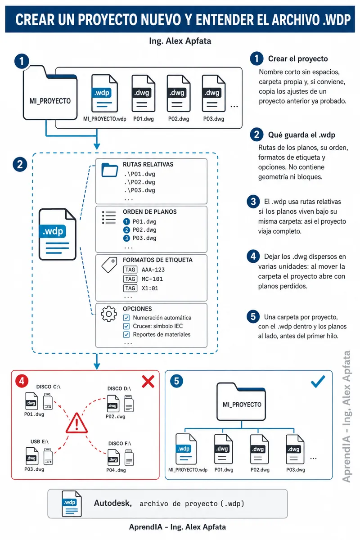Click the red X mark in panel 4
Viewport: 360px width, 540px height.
(148, 381)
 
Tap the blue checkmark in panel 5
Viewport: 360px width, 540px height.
(318, 382)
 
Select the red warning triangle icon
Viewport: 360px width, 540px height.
(76, 423)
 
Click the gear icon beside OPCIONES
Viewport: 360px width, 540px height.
(109, 314)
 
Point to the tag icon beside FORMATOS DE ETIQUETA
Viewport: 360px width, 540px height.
(109, 265)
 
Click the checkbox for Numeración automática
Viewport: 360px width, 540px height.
(126, 318)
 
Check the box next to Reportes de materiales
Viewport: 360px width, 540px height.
(126, 334)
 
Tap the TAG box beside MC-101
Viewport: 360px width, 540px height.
(130, 279)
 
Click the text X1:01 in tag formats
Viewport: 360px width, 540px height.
(150, 288)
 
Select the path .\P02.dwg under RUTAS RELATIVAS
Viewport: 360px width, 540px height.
(139, 182)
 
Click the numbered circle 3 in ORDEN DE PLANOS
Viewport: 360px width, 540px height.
(126, 238)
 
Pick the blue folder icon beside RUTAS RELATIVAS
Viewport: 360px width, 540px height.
(110, 170)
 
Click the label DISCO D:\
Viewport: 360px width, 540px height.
(119, 389)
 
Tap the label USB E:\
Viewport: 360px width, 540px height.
(40, 441)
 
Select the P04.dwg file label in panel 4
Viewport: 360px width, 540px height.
(116, 470)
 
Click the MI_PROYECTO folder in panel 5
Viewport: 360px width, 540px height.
(241, 401)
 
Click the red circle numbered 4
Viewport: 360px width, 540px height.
(22, 381)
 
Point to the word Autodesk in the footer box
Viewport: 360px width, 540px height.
(113, 503)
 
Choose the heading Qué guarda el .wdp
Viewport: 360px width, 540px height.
(301, 135)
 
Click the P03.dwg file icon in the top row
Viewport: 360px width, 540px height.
(214, 93)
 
